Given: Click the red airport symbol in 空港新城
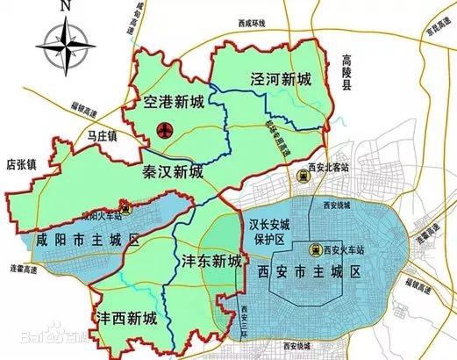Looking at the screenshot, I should coord(162,132).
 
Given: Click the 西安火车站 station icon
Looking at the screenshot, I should coord(314,249).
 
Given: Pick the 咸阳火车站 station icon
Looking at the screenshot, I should coord(128,210).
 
